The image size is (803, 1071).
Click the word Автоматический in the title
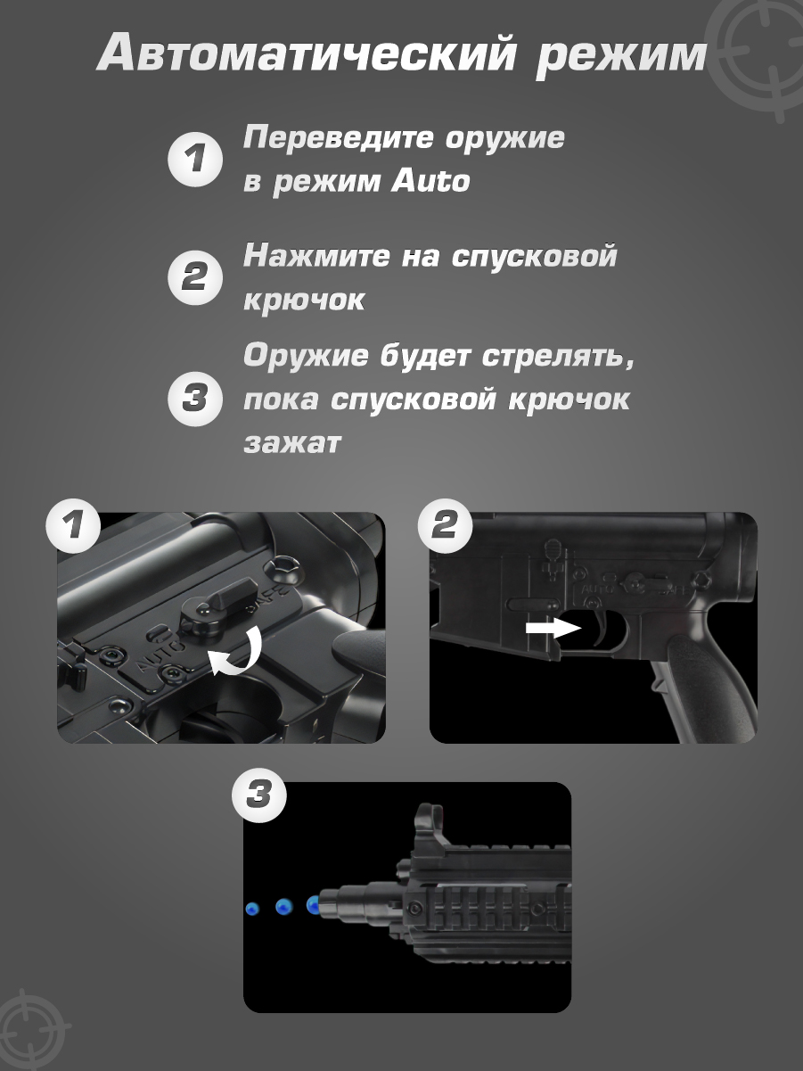307,53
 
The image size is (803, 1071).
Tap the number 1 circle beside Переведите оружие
195,159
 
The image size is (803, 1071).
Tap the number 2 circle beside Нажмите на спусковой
195,277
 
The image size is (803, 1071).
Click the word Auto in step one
431,180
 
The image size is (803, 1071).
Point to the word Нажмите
316,255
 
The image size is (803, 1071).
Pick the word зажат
292,443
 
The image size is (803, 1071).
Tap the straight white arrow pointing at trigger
553,629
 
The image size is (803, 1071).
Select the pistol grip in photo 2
706,683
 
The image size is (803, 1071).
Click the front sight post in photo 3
429,829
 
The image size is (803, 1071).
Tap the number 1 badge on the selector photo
73,526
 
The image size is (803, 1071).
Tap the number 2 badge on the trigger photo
445,526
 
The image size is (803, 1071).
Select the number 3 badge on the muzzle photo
258,795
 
